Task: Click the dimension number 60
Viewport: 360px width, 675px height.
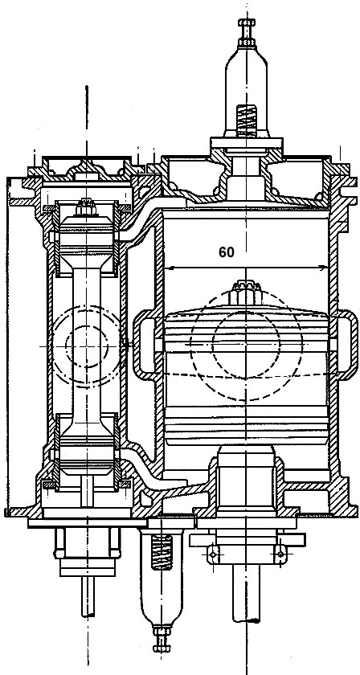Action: [x=227, y=252]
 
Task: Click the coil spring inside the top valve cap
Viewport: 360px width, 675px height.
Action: [x=247, y=121]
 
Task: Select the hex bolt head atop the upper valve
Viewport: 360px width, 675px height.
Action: [x=247, y=22]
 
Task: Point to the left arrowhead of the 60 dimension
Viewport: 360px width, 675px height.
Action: [x=169, y=268]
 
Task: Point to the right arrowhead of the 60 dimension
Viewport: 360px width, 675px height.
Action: [x=324, y=268]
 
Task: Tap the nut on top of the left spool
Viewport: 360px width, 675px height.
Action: [x=86, y=208]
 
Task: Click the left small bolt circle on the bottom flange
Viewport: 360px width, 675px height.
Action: [x=212, y=553]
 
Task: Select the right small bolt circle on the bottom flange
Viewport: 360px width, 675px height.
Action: [x=280, y=553]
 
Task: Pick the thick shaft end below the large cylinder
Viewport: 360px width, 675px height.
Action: [x=246, y=599]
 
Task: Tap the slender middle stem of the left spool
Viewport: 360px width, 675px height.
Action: [x=87, y=345]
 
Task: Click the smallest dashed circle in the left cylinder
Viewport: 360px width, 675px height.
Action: [x=86, y=346]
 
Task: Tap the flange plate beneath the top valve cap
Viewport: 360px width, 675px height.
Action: [x=247, y=143]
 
